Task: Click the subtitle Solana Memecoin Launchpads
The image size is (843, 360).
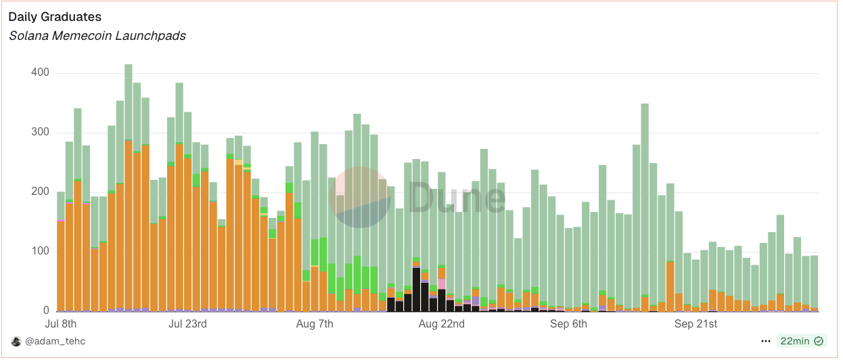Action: tap(97, 35)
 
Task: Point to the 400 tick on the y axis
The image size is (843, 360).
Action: tap(40, 73)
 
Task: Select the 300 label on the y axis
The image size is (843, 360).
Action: tap(40, 133)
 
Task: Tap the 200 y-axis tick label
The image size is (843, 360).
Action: tap(40, 192)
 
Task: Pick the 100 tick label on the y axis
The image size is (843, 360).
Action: tap(40, 252)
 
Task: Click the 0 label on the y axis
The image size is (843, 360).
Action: tap(47, 311)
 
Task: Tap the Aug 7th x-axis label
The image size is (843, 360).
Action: tap(315, 324)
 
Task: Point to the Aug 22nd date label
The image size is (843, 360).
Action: tap(442, 324)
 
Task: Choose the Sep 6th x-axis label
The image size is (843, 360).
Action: tap(569, 324)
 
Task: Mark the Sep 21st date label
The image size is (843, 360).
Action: tap(696, 324)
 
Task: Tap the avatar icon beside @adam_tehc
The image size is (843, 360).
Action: tap(16, 342)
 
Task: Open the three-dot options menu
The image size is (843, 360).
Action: tap(766, 342)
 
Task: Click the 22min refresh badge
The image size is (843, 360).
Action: tap(801, 342)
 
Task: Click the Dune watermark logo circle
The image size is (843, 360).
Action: tap(360, 197)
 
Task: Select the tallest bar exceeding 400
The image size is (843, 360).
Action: tap(129, 189)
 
